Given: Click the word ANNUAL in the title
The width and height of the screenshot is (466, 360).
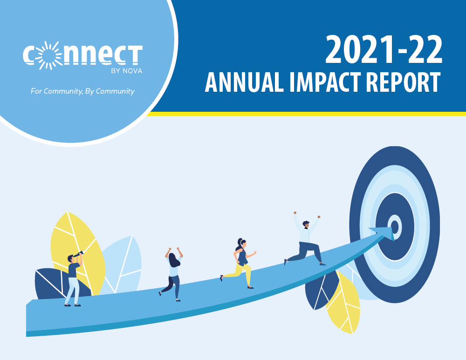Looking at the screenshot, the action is (244, 82).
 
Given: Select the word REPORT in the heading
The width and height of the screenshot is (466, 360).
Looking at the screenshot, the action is (403, 82).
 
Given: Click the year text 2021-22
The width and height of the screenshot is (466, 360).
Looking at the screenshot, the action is (384, 49).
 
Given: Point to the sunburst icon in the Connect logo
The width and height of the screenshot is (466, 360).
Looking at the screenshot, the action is (49, 55).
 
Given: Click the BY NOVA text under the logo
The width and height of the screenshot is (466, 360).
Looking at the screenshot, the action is (127, 71).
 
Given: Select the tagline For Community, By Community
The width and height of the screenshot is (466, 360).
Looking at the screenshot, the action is (82, 91).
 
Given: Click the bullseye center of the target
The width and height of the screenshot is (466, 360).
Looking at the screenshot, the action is (395, 227).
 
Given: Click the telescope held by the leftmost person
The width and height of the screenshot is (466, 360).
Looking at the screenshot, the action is (78, 254).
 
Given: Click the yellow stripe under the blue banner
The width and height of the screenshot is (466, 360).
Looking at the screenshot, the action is (306, 114).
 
